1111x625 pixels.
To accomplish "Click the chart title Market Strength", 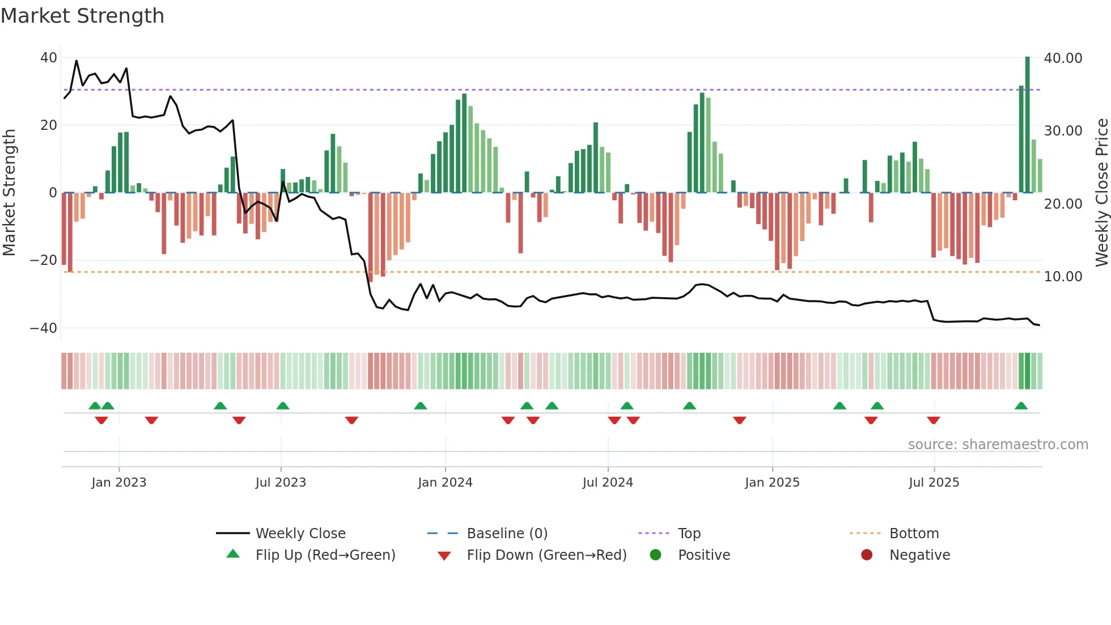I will click(82, 16).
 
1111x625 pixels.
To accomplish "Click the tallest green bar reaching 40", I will click(1027, 125).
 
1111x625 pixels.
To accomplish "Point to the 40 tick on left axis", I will click(48, 58).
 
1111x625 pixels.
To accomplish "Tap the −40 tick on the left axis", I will click(44, 328).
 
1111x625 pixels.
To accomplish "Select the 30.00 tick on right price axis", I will click(1063, 131).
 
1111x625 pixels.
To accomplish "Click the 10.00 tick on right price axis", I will click(1063, 277).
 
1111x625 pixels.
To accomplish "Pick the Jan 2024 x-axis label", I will click(445, 483).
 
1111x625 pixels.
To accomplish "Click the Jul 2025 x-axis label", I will click(934, 483).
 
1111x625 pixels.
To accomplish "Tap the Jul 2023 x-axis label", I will click(281, 483).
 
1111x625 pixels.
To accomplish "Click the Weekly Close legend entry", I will click(300, 534).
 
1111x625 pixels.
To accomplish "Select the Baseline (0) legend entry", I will click(507, 534).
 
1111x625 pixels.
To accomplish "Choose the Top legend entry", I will click(689, 534).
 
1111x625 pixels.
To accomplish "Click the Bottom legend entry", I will click(914, 534).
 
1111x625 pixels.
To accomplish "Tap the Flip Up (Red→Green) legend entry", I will click(325, 555).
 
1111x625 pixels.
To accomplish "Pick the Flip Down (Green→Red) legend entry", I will click(546, 555).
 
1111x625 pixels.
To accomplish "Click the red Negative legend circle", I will click(867, 555).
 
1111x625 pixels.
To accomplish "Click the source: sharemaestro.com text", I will click(998, 445).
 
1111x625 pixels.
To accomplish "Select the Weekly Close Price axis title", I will click(1101, 193).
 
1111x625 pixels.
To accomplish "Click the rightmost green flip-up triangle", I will click(1021, 406).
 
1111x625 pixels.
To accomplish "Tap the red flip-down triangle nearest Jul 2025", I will click(934, 420).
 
